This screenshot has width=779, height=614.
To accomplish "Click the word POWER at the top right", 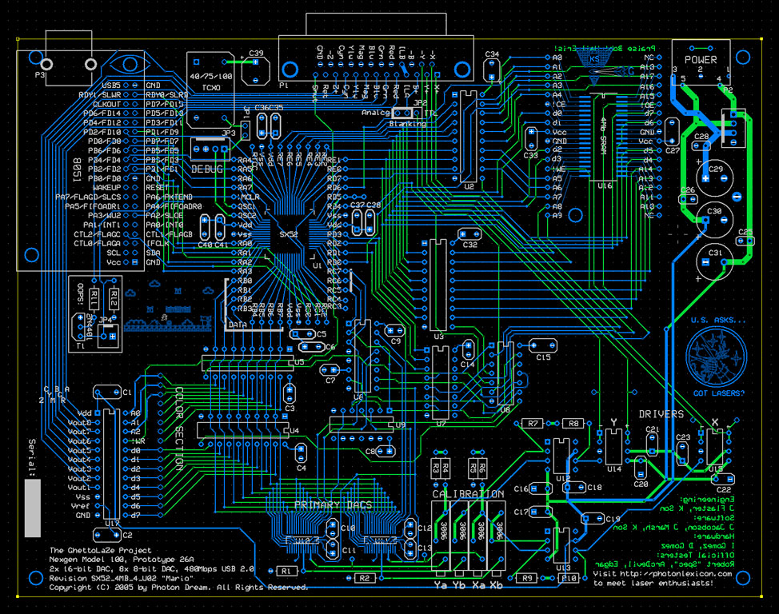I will pyautogui.click(x=701, y=59).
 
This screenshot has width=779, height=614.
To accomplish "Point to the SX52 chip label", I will pyautogui.click(x=289, y=234).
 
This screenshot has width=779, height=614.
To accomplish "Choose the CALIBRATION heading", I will pyautogui.click(x=468, y=494).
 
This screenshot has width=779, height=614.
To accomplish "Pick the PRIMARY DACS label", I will pyautogui.click(x=329, y=505).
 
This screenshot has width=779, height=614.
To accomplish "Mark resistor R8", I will pyautogui.click(x=573, y=423).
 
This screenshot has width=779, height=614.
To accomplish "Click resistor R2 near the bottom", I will pyautogui.click(x=365, y=577).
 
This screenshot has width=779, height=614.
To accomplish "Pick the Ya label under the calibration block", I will pyautogui.click(x=441, y=586).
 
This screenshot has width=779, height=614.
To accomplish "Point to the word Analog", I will pyautogui.click(x=374, y=113).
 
